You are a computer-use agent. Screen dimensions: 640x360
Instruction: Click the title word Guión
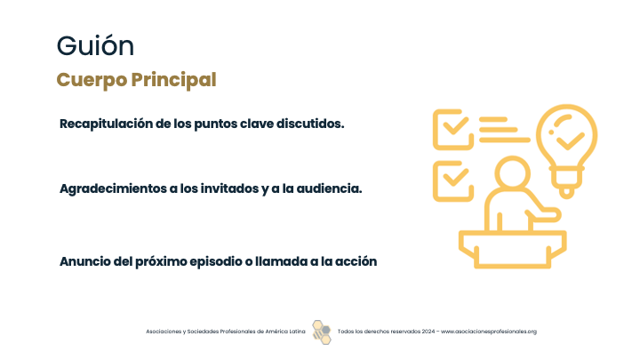pos(95,45)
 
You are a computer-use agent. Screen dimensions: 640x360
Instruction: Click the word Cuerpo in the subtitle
pos(92,80)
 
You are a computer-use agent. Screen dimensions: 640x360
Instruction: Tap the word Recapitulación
pos(106,124)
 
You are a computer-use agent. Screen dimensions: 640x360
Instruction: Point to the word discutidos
pos(310,124)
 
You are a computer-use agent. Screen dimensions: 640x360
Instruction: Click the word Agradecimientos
pos(113,188)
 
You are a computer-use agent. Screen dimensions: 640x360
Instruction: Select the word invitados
pos(229,188)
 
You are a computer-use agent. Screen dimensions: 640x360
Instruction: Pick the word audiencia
pos(329,188)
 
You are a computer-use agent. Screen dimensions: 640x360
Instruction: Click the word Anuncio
pos(84,261)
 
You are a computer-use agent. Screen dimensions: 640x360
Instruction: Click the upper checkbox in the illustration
pos(453,130)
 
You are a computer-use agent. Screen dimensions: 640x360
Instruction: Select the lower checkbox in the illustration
pos(453,181)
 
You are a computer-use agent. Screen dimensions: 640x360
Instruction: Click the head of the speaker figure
pos(513,172)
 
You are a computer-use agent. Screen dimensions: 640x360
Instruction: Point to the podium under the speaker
pos(513,249)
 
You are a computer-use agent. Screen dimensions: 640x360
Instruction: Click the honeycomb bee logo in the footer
pos(322,332)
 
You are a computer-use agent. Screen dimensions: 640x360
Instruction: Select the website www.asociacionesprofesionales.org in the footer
pos(489,332)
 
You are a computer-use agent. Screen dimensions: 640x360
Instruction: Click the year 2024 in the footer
pos(428,332)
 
